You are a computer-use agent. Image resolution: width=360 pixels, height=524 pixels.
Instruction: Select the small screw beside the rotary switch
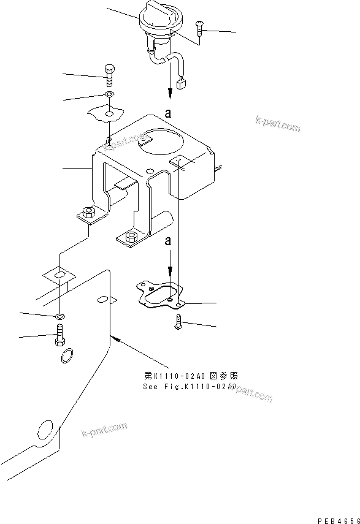(200, 26)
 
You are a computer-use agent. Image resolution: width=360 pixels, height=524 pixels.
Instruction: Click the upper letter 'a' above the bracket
(167, 112)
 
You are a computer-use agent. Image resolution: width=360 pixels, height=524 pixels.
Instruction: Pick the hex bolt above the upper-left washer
(109, 74)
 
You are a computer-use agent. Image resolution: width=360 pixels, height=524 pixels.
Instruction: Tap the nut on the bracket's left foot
(88, 213)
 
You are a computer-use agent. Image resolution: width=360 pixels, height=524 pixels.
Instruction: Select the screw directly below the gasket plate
(179, 322)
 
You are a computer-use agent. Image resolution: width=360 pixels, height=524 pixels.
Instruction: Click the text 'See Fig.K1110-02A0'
(186, 387)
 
